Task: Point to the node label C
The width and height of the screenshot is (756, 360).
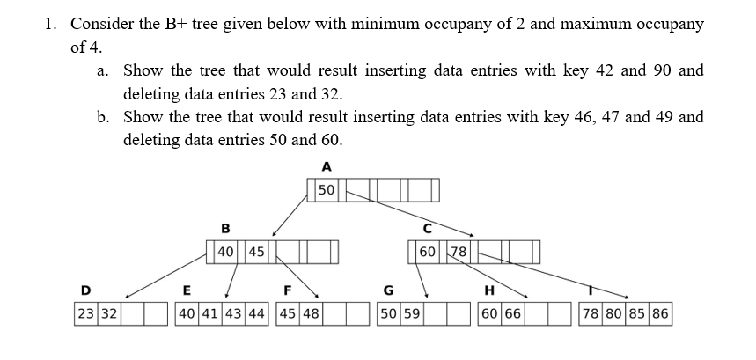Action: pos(428,228)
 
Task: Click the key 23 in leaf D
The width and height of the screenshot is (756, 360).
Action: pos(85,312)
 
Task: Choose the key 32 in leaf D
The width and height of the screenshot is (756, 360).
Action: pos(108,312)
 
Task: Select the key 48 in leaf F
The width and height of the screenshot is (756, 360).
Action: pos(311,312)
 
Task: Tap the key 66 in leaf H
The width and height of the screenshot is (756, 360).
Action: pos(512,312)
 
